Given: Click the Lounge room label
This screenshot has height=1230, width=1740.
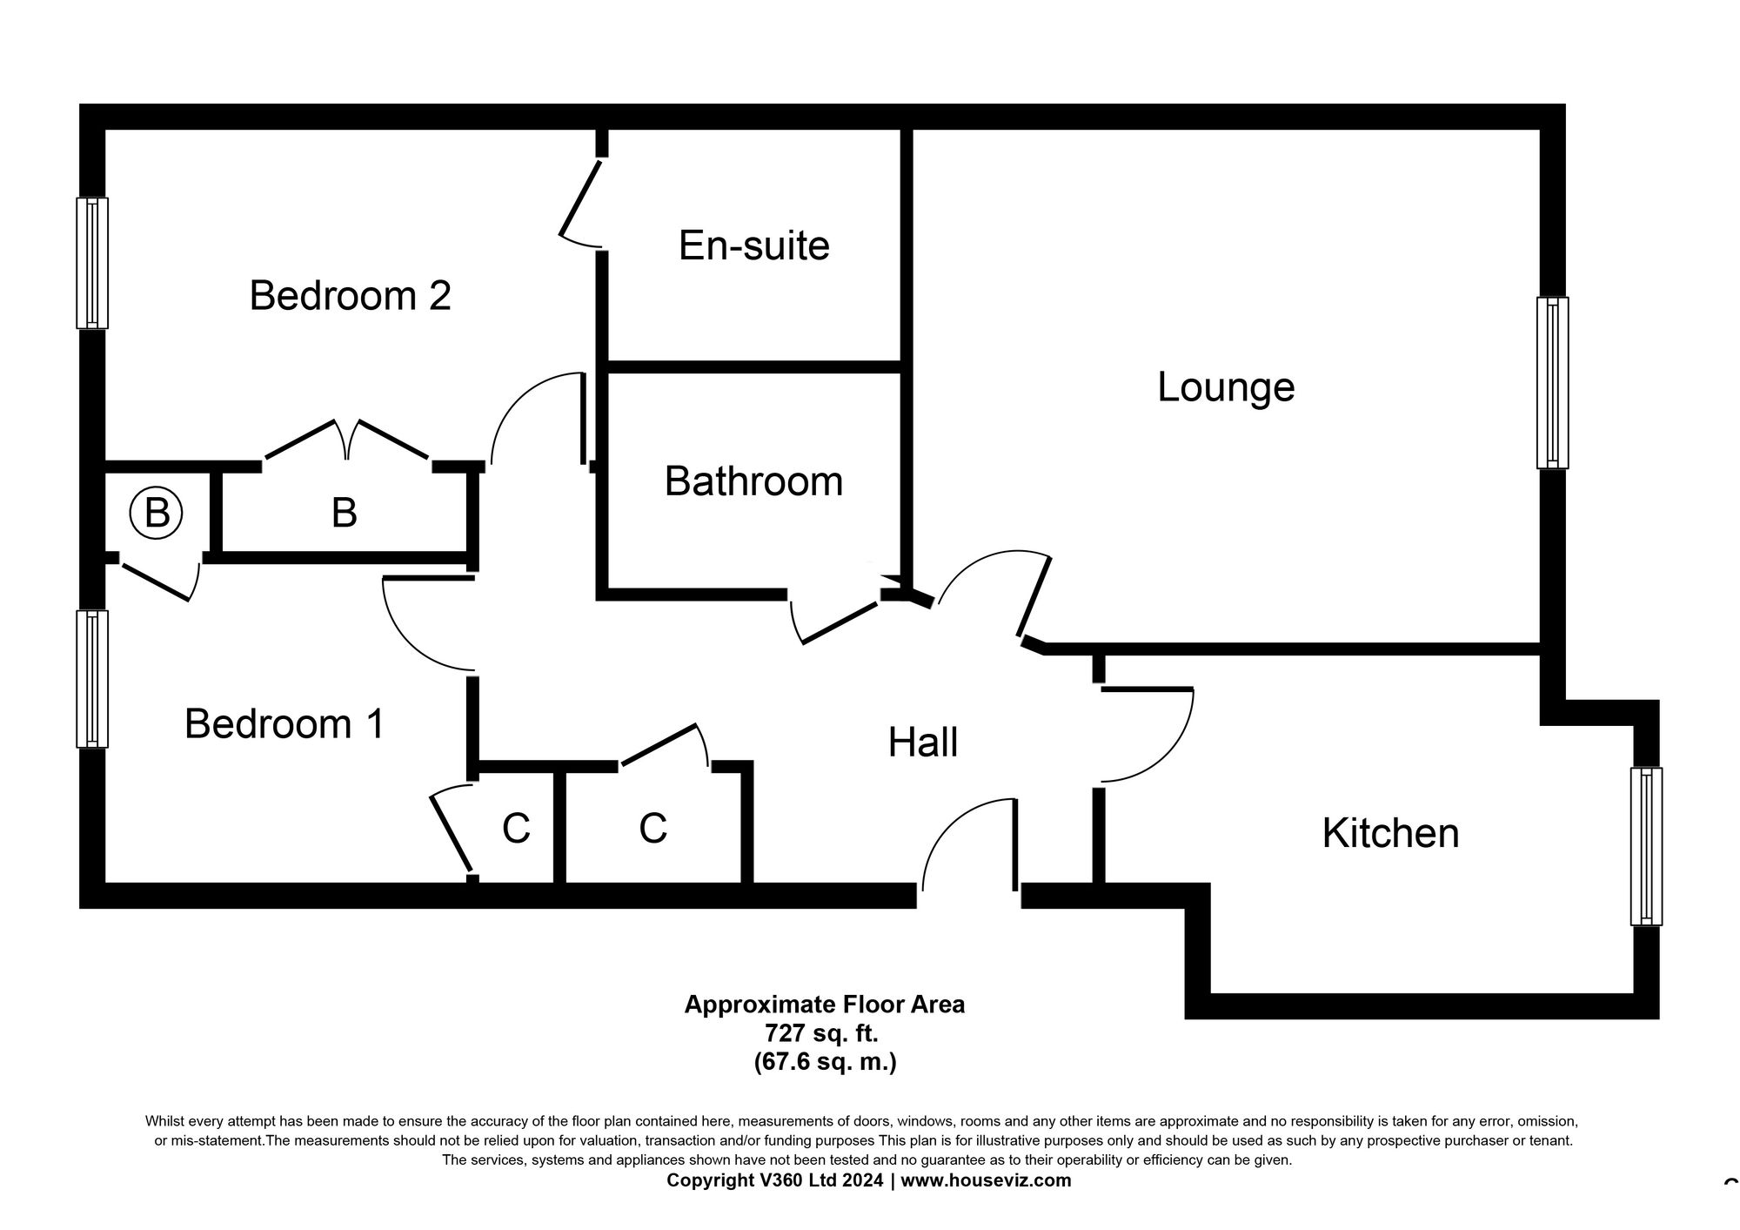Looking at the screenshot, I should pos(1225,387).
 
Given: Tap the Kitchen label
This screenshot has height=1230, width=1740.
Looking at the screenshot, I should pos(1390,833).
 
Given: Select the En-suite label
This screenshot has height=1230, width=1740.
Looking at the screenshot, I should pos(753,245).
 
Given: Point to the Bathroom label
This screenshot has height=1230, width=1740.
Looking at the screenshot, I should pos(753,481).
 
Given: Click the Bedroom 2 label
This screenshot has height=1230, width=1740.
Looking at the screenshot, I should pos(350,295).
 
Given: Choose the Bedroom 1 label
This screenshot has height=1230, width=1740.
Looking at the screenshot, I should pos(284,724).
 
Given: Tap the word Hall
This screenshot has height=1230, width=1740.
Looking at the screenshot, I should pos(922,743).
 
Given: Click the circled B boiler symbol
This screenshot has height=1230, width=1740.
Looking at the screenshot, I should pos(156,513).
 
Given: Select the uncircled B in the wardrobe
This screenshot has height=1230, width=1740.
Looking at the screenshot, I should pos(344,514).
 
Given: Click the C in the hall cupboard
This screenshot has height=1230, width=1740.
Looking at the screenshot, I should pos(652,829).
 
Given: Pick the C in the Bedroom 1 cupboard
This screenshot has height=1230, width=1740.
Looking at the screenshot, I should pos(516,829).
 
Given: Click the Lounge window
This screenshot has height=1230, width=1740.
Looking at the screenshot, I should pos(1552,383).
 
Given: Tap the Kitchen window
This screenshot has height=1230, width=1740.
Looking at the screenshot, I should pos(1645,845).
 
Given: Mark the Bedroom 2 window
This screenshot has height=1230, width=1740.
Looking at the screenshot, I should pos(92,263).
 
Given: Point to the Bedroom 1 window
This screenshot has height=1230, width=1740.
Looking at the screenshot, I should pos(92,679).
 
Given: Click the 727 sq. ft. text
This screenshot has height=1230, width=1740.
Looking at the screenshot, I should pos(821,1034).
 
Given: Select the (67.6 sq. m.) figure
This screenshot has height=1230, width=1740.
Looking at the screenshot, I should pos(825,1062).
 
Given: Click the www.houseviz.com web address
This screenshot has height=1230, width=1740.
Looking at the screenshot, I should pos(986,1181).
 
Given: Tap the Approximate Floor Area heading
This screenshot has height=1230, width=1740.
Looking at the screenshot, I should pos(824,1005).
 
